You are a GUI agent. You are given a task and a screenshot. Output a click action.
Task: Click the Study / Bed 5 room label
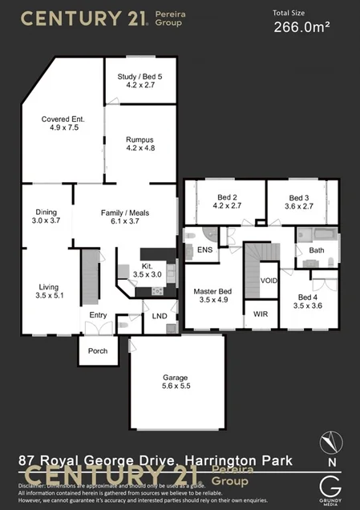pos(140,76)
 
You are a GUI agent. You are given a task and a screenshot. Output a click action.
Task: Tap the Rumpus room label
pos(140,140)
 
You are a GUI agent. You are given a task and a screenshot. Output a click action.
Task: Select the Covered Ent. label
pos(63,119)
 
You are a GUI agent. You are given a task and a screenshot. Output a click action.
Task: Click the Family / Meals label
pos(120,212)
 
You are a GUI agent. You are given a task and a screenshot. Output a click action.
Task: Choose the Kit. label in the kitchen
pos(147,265)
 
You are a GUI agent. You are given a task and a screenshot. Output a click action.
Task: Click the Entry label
pos(98,315)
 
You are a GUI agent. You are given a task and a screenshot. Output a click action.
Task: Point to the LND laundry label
pos(160,316)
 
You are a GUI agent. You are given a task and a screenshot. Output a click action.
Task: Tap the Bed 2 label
pos(227,197)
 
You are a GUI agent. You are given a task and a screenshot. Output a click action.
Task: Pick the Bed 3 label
pos(298,197)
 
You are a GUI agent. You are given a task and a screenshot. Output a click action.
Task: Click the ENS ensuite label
pos(204,250)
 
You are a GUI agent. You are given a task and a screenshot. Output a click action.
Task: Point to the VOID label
pos(269,281)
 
